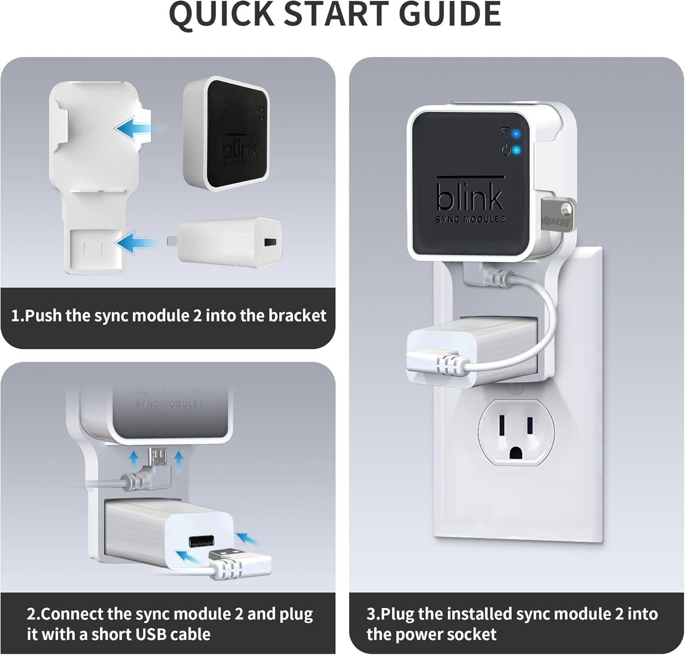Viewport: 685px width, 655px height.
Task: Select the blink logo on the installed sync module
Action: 469,195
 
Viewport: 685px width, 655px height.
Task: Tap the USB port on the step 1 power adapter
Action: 270,243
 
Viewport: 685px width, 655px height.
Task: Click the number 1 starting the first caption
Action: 16,316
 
